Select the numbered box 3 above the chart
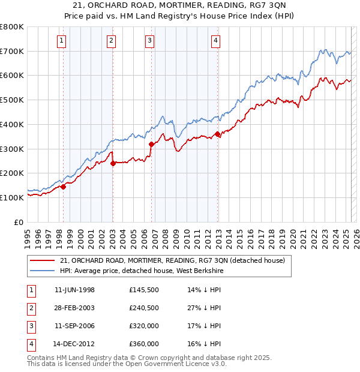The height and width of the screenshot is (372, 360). click(x=149, y=41)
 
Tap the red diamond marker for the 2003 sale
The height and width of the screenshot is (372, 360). click(x=113, y=163)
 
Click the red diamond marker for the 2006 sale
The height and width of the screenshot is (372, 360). click(x=151, y=143)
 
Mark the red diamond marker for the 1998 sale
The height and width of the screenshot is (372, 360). click(x=63, y=187)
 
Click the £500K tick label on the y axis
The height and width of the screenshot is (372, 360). click(x=12, y=100)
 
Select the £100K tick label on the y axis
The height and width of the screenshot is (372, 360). click(x=12, y=197)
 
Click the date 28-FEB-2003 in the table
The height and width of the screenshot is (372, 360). click(x=74, y=308)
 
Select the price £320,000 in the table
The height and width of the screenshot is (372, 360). click(x=144, y=326)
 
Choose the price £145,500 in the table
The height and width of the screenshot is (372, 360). click(x=144, y=290)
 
